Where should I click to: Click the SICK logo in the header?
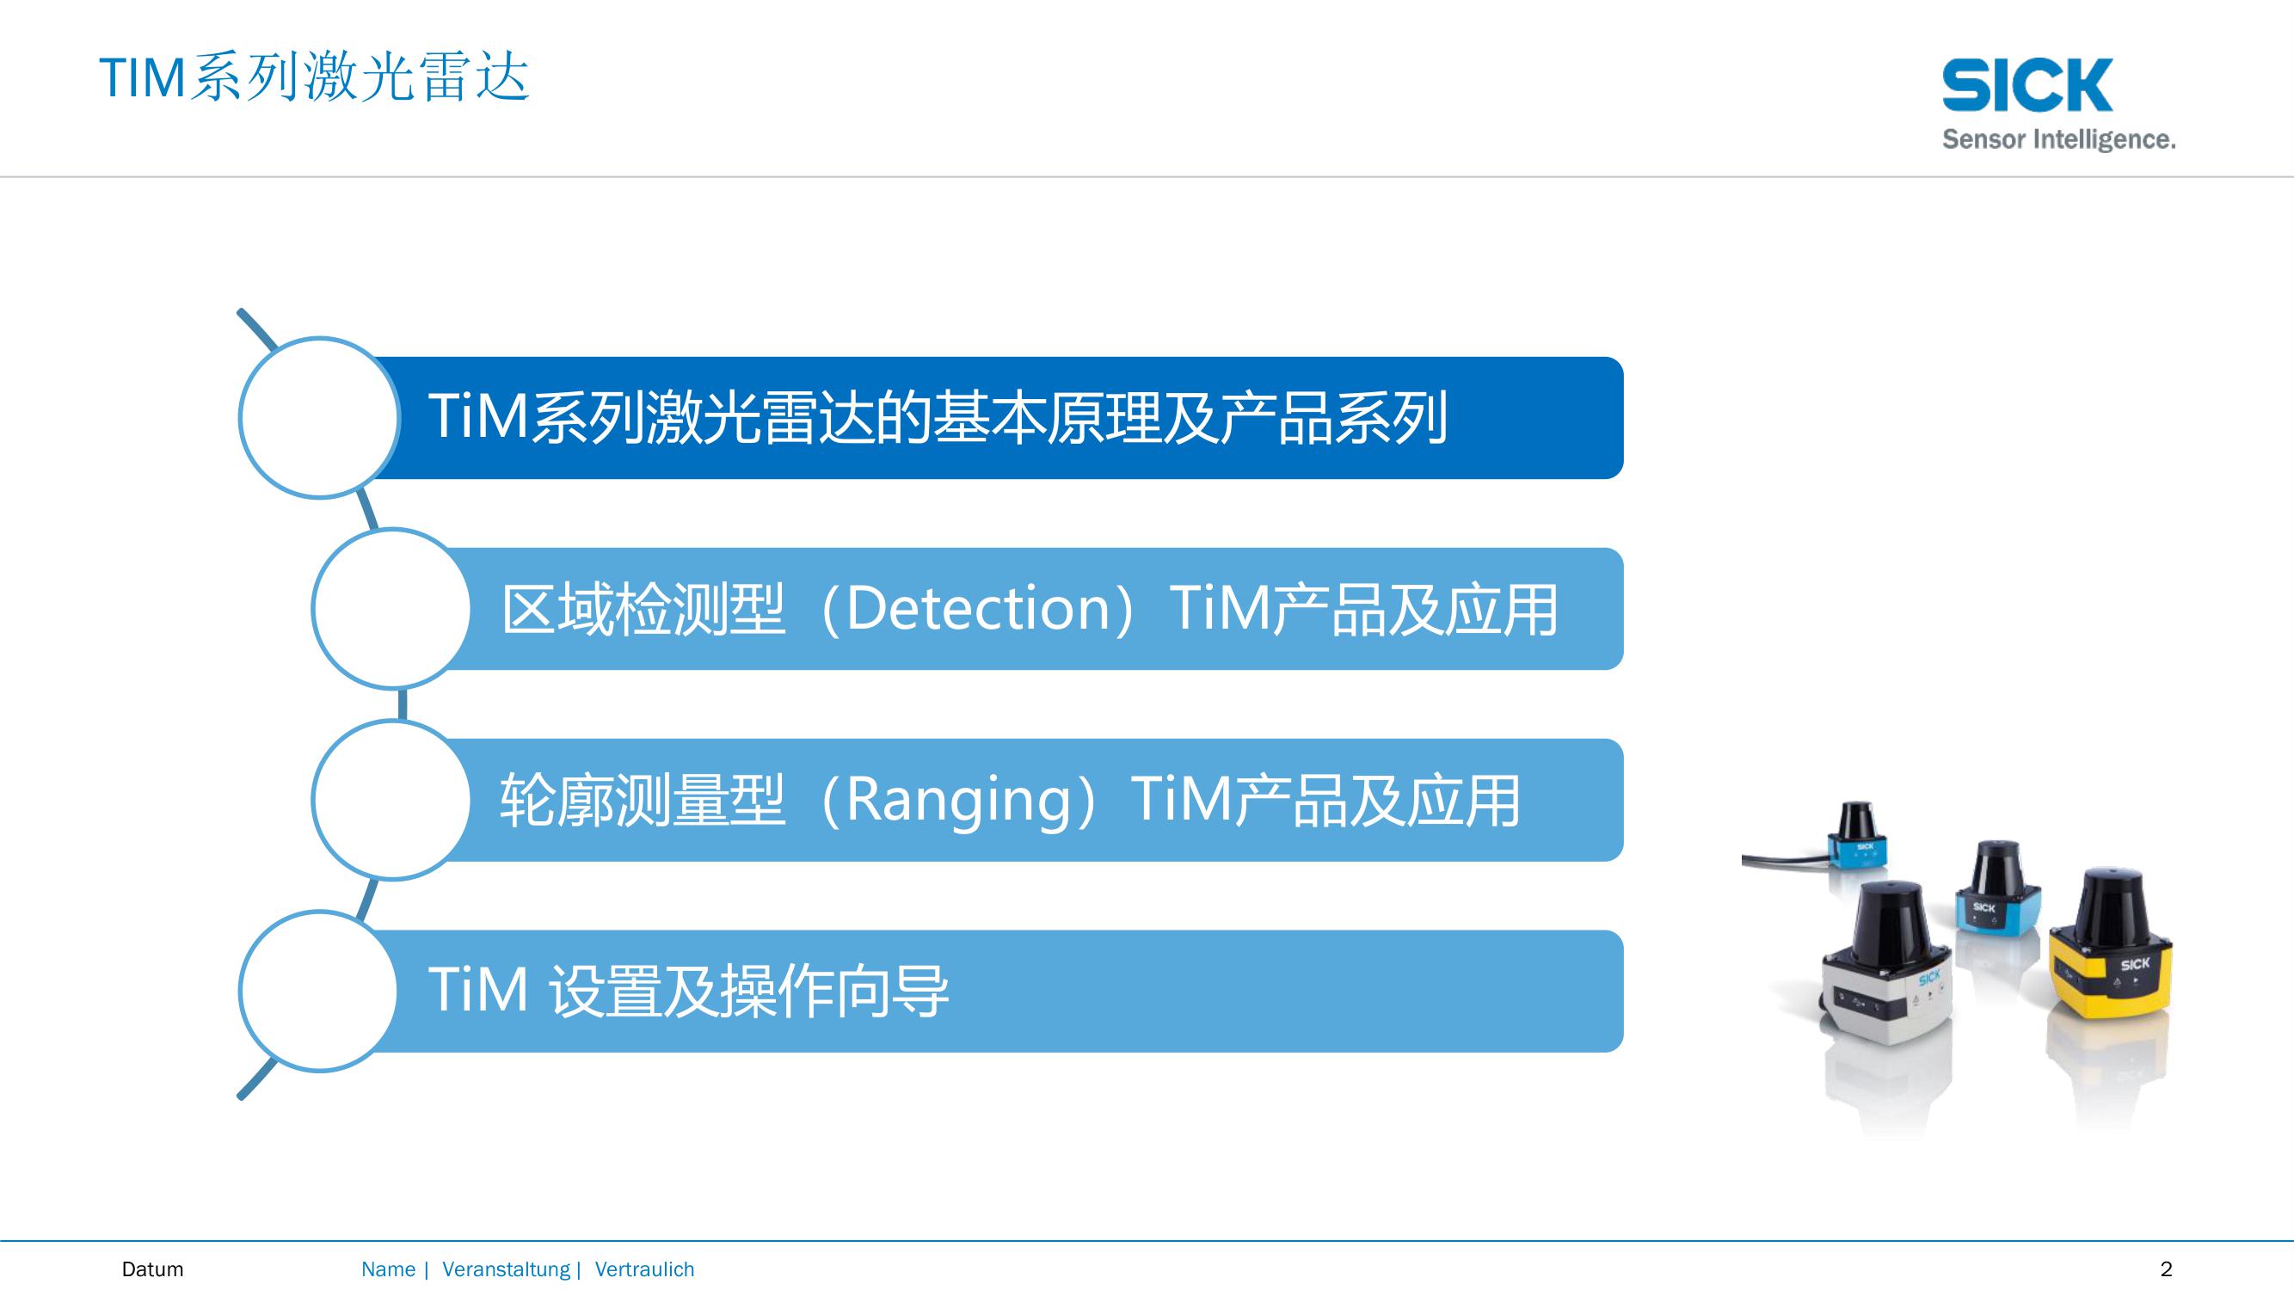[x=2026, y=85]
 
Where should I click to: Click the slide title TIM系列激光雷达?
[x=314, y=77]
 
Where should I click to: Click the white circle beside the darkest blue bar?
[x=320, y=418]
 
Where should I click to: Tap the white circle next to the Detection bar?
[x=392, y=608]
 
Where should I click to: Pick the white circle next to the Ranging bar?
[x=392, y=800]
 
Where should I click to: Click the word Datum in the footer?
[x=152, y=1269]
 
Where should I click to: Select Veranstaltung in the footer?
[x=506, y=1269]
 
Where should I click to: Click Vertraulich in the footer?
[x=645, y=1269]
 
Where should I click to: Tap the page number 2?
[x=2167, y=1269]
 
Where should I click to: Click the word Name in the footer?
[x=388, y=1269]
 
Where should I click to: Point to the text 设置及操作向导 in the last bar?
[x=748, y=992]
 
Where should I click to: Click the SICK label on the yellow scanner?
[x=2135, y=964]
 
